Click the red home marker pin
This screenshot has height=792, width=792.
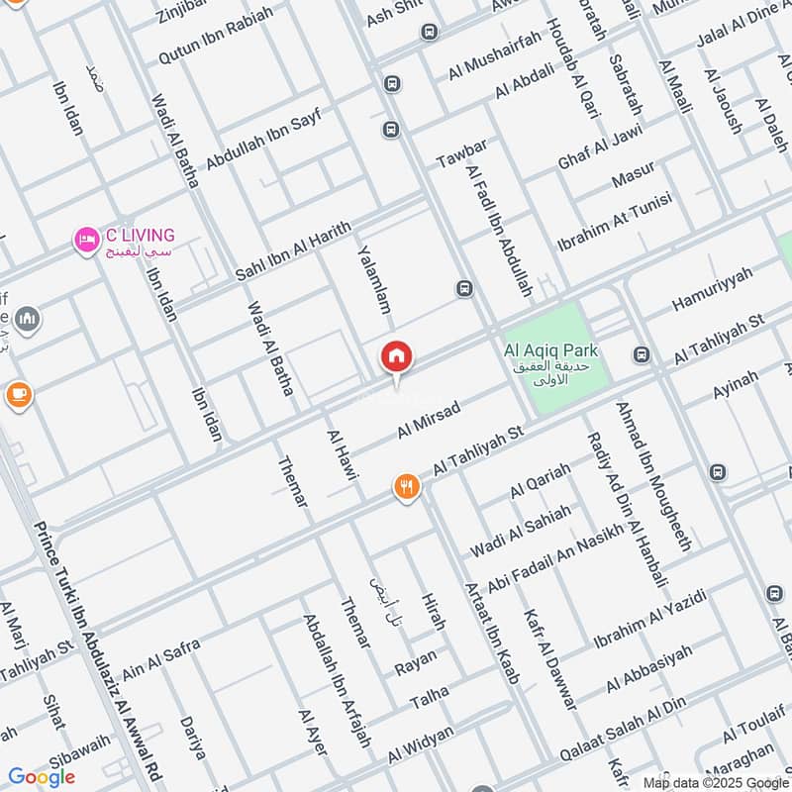coord(397,357)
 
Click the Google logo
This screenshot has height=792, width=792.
coord(41,776)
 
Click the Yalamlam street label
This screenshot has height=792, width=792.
coord(375,280)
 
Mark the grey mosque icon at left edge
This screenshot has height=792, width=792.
coord(27,318)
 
